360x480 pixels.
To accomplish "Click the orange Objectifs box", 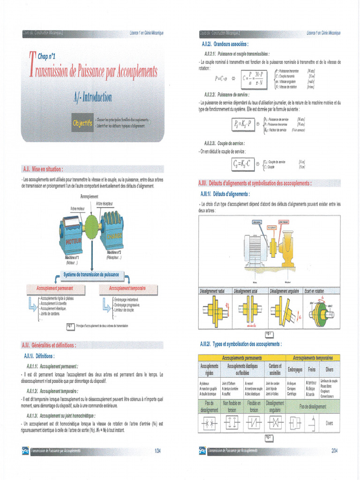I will click(82, 123).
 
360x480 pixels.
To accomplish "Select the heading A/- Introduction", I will click(92, 97).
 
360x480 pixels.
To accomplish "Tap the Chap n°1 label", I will click(49, 57).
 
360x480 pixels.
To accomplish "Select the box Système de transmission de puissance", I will click(91, 275).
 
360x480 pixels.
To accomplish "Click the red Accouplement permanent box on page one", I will click(55, 288).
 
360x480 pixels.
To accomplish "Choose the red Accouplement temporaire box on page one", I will click(127, 288).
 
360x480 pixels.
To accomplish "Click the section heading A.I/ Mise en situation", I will click(43, 168).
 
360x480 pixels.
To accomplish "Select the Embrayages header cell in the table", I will click(294, 369).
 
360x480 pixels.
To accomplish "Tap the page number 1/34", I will click(157, 451).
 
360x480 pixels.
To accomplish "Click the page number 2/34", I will click(334, 451).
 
